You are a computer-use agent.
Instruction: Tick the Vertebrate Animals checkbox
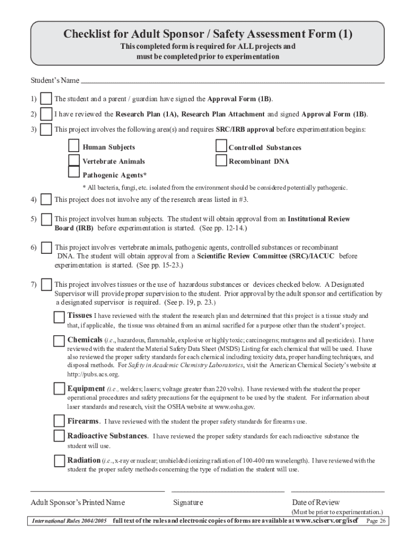pos(75,160)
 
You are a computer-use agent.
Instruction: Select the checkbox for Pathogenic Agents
pos(75,173)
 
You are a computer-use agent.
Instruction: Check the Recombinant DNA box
pos(221,160)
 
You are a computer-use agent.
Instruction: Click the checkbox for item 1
pos(46,99)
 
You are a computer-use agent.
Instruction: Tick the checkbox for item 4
pos(46,200)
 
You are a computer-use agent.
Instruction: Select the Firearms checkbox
pos(59,421)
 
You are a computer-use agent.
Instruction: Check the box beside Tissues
pos(59,317)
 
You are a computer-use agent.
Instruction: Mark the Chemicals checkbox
pos(59,341)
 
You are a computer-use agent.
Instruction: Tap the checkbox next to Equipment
pos(59,389)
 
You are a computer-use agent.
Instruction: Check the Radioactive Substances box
pos(59,436)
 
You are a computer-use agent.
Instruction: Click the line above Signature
pos(228,491)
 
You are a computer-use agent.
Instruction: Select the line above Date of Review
pos(338,491)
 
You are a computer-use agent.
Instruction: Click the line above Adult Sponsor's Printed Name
pos(98,491)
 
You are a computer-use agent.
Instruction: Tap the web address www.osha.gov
pos(235,406)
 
